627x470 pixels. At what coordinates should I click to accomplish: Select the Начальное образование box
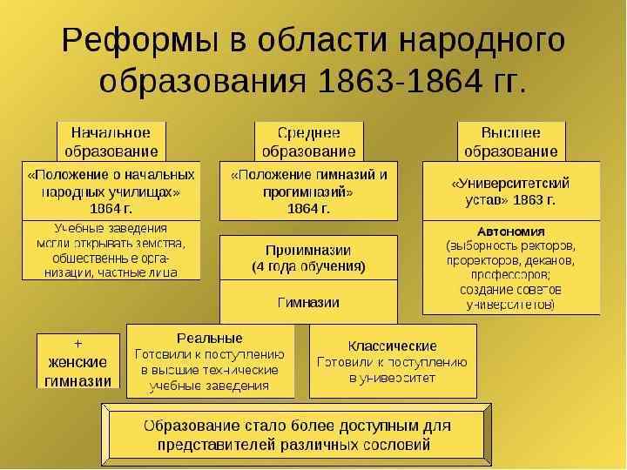point(111,141)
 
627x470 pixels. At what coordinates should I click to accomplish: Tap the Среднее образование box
point(308,141)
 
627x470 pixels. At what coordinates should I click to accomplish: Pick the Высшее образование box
point(511,141)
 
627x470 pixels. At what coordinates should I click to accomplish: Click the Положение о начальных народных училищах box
point(111,191)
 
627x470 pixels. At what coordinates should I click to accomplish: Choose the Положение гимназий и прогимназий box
point(308,191)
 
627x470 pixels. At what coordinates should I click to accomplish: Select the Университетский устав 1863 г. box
point(511,191)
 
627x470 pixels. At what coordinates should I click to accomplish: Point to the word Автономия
point(510,232)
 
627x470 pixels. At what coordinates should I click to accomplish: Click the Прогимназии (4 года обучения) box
point(308,257)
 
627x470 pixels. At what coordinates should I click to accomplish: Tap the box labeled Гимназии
point(308,303)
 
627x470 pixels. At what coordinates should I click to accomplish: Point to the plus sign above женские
point(78,342)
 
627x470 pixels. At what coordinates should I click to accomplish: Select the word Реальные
point(210,338)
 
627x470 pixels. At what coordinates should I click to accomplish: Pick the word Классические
point(392,346)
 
